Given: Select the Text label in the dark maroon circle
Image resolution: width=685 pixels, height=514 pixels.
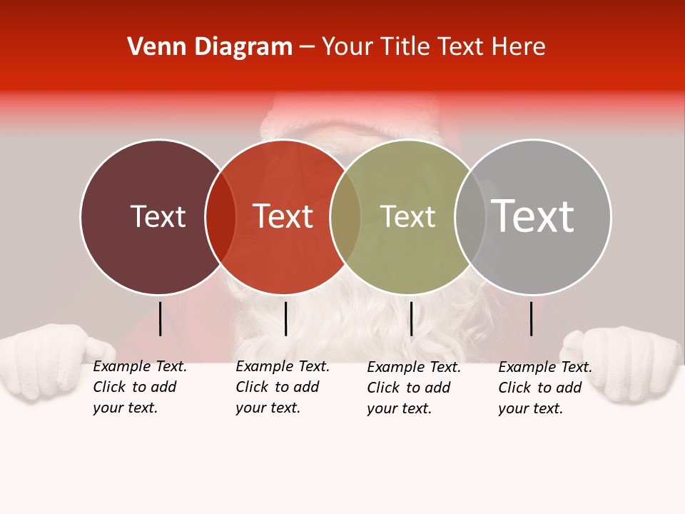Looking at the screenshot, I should pos(158,216).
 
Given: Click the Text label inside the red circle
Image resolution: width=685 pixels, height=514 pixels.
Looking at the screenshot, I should pos(283,216).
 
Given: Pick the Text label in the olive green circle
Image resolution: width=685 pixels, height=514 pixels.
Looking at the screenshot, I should pos(407,216).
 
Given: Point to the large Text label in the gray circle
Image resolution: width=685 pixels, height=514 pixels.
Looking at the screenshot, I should pos(533,216).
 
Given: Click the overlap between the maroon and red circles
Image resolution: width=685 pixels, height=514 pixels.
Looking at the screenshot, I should pos(220,216).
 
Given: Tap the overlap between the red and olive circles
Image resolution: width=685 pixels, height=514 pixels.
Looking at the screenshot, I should pos(345,216).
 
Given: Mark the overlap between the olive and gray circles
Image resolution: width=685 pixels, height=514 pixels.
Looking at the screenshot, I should pos(470,216).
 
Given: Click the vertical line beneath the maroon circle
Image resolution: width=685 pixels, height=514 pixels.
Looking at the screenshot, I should pos(160,318).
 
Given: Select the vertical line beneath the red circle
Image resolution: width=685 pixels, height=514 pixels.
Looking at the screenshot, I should pos(285,318).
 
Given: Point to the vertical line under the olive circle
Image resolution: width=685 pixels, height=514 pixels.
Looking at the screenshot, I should pos(411,318).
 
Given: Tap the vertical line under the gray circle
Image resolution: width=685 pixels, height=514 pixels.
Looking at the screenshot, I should pos(532,318).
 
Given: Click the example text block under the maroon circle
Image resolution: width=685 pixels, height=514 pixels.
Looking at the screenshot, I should pos(139,387).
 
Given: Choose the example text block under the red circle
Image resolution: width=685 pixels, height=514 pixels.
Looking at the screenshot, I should pos(282,387).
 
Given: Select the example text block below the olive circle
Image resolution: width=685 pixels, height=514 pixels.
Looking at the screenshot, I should pos(413,388).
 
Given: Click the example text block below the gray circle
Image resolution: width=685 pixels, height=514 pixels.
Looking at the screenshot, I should pos(544,388).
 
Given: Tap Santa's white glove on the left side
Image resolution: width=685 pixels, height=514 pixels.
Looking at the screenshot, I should pos(50,361).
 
